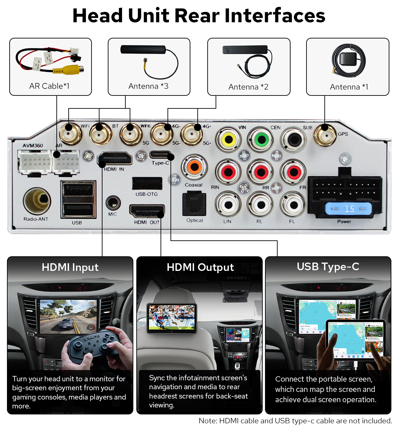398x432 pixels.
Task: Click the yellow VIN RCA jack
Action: (x=229, y=140)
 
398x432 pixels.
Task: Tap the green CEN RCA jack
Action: (x=261, y=139)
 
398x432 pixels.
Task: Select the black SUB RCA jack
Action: (x=294, y=140)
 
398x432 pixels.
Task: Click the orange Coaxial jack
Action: (x=194, y=167)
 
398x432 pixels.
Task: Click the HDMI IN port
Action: (x=115, y=159)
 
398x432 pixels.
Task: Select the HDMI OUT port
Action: (x=147, y=211)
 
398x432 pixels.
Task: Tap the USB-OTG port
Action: (x=147, y=183)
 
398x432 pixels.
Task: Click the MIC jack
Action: (x=113, y=203)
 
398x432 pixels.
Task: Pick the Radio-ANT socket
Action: (x=37, y=201)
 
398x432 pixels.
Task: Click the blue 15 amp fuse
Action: (x=348, y=209)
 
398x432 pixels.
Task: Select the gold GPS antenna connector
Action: (x=325, y=135)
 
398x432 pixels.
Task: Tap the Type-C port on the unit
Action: (x=160, y=155)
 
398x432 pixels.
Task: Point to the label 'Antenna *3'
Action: (x=148, y=86)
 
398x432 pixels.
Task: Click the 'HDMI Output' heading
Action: (x=200, y=267)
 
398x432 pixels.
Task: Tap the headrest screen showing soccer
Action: (x=172, y=318)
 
